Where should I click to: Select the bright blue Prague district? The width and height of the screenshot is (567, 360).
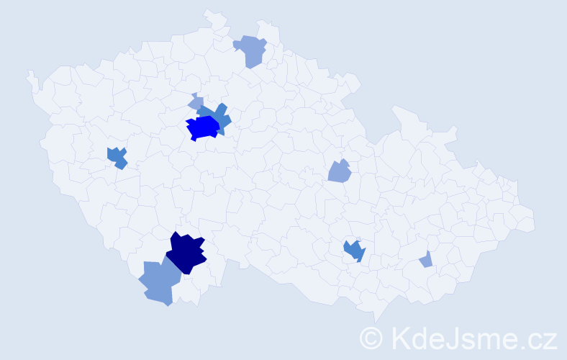[203, 127]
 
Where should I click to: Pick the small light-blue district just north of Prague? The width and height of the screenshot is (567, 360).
[196, 103]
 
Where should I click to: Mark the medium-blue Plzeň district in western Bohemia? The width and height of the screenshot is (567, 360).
[117, 157]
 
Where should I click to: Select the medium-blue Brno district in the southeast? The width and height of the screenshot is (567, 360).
[354, 251]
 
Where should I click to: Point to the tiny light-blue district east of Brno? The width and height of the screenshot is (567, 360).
[426, 260]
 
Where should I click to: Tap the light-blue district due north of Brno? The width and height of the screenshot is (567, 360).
[339, 172]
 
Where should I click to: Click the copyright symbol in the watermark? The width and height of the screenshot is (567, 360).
[372, 338]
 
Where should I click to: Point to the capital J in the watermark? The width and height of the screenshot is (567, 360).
[456, 338]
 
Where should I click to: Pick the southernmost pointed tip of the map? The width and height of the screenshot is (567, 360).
[376, 321]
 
